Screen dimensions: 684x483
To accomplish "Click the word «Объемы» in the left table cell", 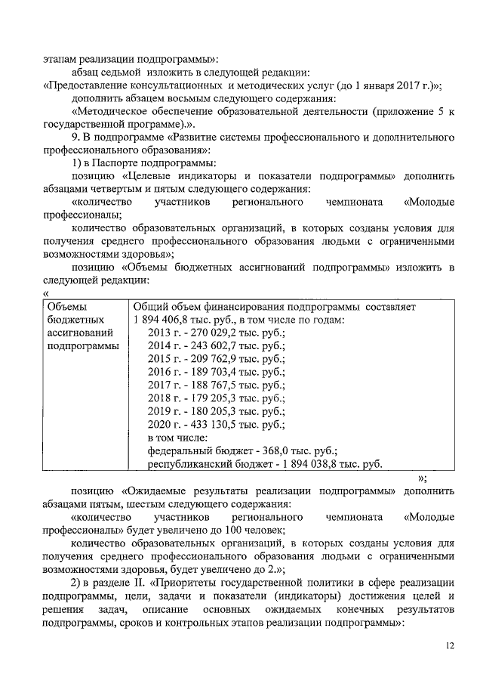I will pos(66,307).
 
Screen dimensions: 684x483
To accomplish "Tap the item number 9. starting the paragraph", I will pos(76,138).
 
